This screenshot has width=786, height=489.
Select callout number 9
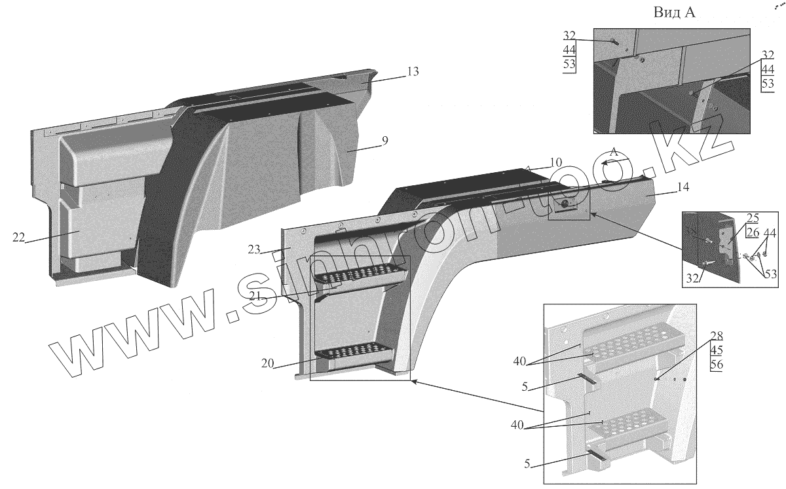[384, 139]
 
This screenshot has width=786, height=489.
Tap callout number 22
[18, 238]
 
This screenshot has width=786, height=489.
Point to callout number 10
[555, 162]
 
